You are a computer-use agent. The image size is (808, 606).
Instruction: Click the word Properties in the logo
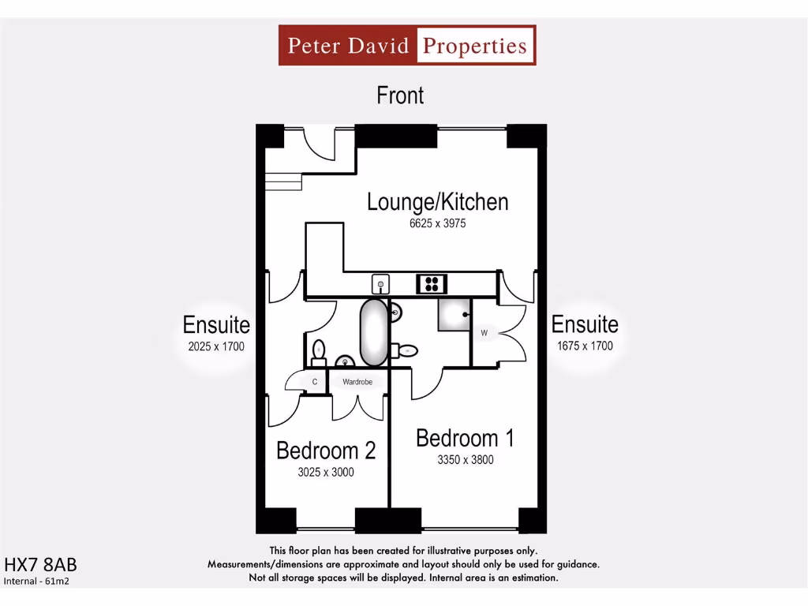tap(474, 45)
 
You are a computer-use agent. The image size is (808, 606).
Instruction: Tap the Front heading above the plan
tap(400, 95)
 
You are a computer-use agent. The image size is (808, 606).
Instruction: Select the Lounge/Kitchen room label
tap(437, 202)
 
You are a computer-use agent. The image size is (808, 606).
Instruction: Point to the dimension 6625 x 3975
tap(437, 223)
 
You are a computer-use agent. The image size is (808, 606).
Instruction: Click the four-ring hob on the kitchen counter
tap(432, 283)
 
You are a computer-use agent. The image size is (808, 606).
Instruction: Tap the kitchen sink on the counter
tap(380, 283)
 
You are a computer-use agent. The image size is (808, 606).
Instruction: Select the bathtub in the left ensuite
tap(374, 332)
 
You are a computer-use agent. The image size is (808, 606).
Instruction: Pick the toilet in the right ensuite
tap(406, 350)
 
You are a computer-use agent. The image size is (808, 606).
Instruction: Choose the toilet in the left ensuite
tap(319, 350)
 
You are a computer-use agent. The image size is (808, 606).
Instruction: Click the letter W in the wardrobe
tap(484, 333)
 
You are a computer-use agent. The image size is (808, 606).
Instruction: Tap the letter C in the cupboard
tap(315, 382)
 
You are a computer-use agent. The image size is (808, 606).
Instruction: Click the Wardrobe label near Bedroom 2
tap(357, 382)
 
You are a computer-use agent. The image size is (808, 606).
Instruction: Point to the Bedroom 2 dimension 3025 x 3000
tap(325, 472)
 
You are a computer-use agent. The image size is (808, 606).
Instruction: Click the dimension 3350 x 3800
tap(466, 459)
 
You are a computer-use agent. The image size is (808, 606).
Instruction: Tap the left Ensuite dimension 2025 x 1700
tap(216, 346)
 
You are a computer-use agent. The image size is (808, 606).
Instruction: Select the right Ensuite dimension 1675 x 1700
tap(585, 346)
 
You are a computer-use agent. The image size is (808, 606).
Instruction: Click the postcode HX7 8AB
tap(41, 565)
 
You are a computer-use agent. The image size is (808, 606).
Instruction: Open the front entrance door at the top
tap(320, 145)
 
